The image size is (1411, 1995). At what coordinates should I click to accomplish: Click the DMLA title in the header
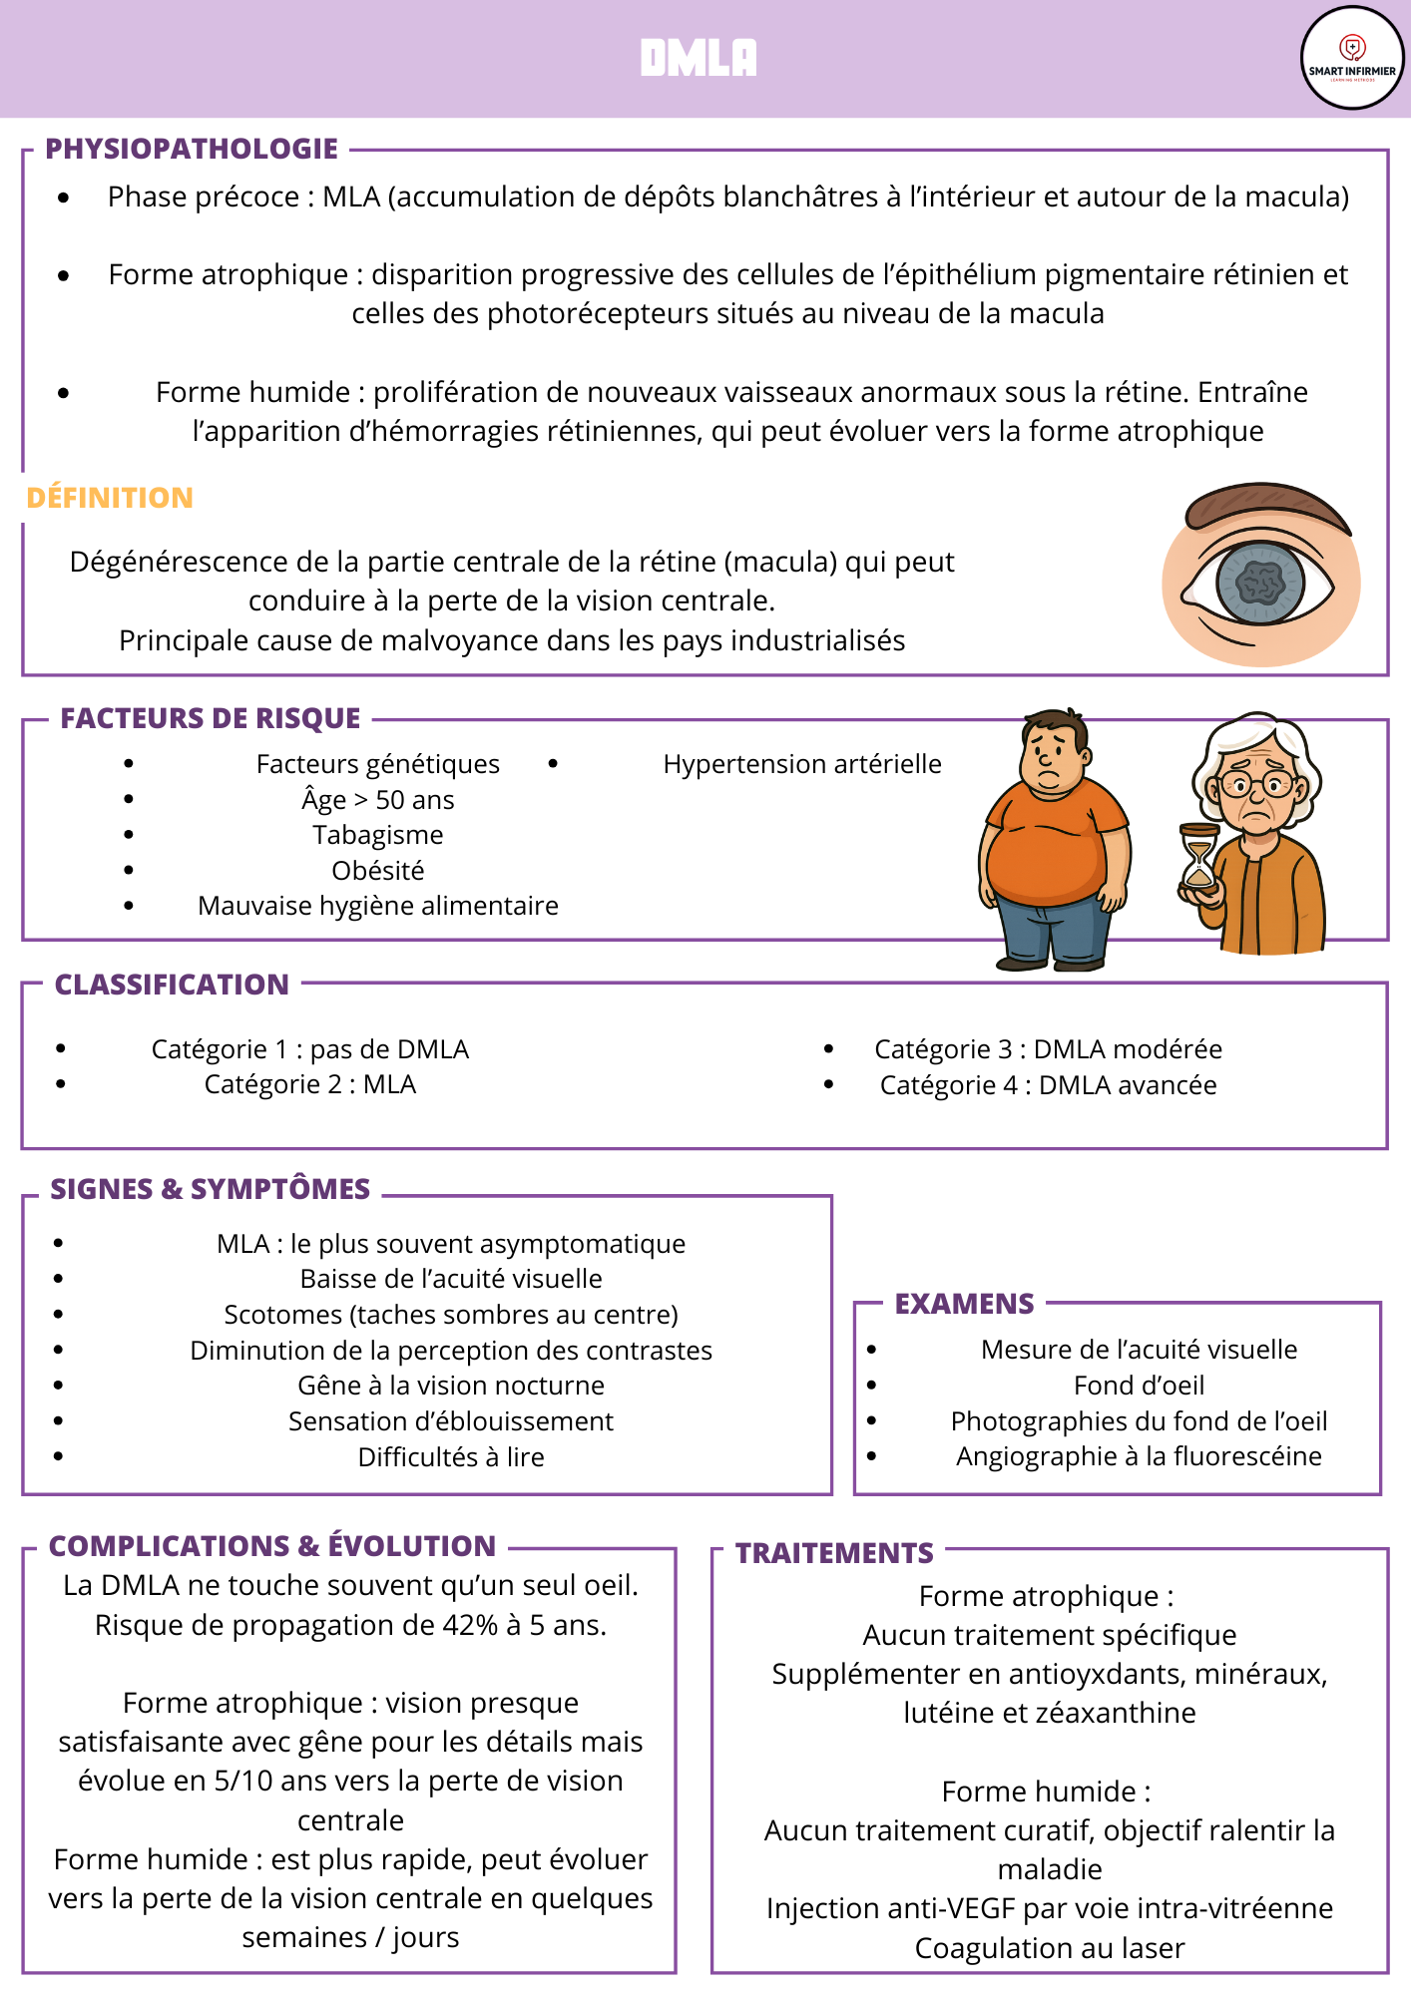tap(699, 58)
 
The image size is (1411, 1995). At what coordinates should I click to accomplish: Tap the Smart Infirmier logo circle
tap(1352, 58)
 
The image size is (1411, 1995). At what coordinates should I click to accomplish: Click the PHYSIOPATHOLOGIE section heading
tap(192, 149)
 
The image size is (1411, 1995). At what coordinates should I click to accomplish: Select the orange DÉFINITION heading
tap(110, 498)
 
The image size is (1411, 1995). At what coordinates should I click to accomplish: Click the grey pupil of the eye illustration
tap(1261, 582)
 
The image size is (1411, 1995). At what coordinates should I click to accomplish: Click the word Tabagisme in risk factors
tap(378, 835)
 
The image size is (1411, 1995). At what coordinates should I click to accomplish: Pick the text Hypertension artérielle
tap(802, 764)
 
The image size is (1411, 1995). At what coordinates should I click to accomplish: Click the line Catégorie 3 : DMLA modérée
tap(1048, 1049)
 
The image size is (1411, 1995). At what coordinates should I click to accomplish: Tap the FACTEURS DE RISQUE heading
tap(211, 718)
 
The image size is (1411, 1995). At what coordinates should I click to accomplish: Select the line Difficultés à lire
tap(451, 1457)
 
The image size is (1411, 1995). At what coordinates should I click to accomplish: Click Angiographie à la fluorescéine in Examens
tap(1139, 1456)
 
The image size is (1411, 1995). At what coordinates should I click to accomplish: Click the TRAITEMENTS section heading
tap(834, 1553)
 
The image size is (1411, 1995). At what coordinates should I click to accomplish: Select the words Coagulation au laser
tap(1050, 1948)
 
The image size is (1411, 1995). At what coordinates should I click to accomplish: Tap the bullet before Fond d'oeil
tap(872, 1386)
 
